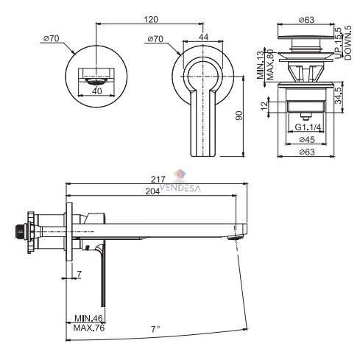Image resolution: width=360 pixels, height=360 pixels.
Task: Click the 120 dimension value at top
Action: [x=151, y=19]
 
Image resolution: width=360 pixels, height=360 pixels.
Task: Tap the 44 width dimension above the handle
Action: [x=203, y=37]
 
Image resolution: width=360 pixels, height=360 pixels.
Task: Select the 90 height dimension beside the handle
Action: [x=239, y=116]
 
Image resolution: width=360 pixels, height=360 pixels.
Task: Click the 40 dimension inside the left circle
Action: [x=97, y=91]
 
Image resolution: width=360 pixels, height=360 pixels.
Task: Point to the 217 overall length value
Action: [x=158, y=180]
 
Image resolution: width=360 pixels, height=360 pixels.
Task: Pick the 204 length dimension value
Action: [x=152, y=191]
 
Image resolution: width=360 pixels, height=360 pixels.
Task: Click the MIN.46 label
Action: [x=88, y=319]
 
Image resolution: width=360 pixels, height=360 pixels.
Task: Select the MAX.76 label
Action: [x=89, y=328]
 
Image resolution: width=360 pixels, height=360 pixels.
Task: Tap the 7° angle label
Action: [x=155, y=329]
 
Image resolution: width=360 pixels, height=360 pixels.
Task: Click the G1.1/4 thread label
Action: [x=308, y=127]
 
